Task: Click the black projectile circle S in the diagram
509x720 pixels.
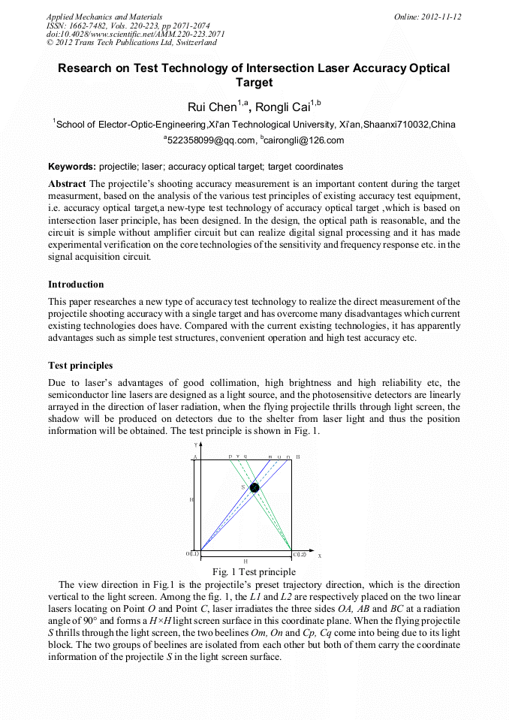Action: pos(254,488)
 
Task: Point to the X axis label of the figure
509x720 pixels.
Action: pos(319,556)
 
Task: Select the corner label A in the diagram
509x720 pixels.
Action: pos(194,456)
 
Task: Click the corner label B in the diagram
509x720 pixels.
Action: pos(298,456)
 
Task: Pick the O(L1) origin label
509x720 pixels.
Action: pos(192,554)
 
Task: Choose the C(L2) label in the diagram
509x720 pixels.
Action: pos(300,554)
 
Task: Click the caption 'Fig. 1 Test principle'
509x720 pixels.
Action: pos(254,572)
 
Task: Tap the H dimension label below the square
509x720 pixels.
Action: pos(245,562)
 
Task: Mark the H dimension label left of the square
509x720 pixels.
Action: pos(191,499)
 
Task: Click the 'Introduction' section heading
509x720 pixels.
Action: pos(76,285)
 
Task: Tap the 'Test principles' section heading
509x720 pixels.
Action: pos(80,366)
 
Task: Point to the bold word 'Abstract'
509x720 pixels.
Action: pos(67,184)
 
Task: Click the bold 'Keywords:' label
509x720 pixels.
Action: pos(72,166)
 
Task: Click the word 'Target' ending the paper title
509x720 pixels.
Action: pos(254,83)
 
